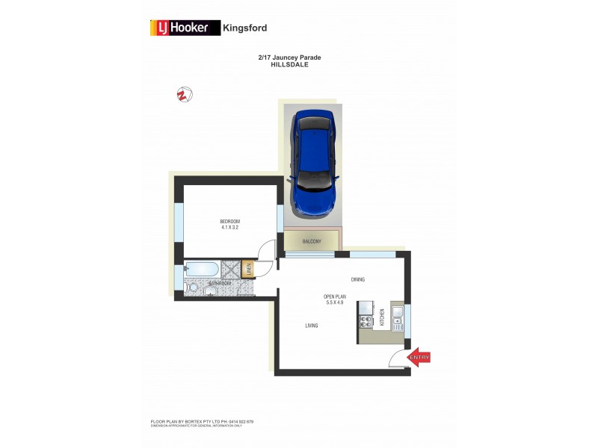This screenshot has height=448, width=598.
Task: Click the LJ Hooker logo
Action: pyautogui.click(x=181, y=28)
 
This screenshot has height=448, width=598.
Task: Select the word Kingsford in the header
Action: pyautogui.click(x=245, y=28)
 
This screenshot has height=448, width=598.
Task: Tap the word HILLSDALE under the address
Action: pyautogui.click(x=289, y=65)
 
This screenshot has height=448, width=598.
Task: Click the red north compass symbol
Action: pyautogui.click(x=182, y=94)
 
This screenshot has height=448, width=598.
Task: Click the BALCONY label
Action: pyautogui.click(x=312, y=241)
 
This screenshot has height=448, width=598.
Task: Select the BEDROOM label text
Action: pyautogui.click(x=229, y=221)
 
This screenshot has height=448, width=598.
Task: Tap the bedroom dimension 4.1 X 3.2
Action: pyautogui.click(x=229, y=228)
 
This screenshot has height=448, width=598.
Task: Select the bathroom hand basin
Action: pyautogui.click(x=211, y=293)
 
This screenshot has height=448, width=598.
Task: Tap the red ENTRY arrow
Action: pyautogui.click(x=419, y=358)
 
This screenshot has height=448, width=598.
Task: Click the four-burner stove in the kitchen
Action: pyautogui.click(x=366, y=322)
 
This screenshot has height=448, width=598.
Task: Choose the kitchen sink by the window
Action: pyautogui.click(x=397, y=318)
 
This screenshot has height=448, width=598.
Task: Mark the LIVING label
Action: pyautogui.click(x=312, y=326)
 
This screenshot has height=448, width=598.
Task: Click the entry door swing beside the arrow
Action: pyautogui.click(x=398, y=359)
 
